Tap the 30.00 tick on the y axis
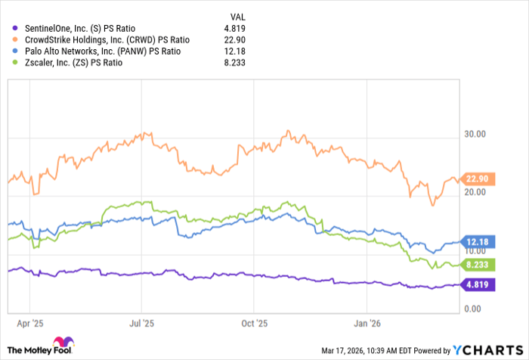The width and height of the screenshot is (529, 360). coord(473,135)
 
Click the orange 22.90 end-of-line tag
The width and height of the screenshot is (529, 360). coord(474,178)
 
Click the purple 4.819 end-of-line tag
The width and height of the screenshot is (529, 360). coord(474,284)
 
